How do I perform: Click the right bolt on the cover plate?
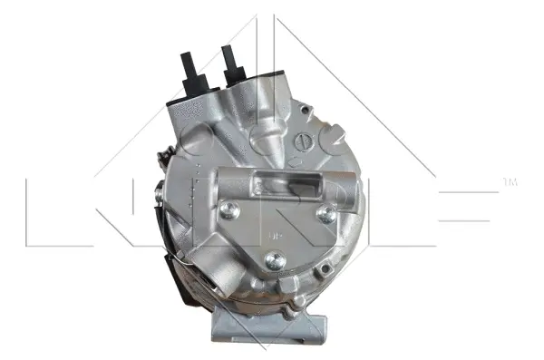pos(326,213)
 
